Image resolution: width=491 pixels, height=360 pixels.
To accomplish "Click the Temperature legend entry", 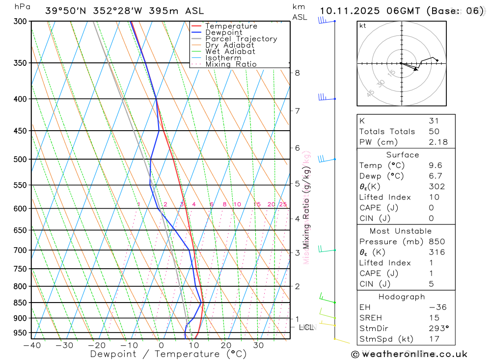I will click(x=231, y=26).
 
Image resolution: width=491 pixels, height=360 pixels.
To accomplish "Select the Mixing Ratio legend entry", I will click(x=231, y=64).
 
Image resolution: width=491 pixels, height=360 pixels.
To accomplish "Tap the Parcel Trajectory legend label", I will click(x=241, y=39).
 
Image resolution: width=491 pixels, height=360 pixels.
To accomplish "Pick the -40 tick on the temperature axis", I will click(x=32, y=345).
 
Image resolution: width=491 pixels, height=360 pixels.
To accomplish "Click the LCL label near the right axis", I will click(x=306, y=327).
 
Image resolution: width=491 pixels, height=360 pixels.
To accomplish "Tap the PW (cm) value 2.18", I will click(x=438, y=142).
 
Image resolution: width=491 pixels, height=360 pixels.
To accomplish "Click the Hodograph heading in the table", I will click(x=402, y=297).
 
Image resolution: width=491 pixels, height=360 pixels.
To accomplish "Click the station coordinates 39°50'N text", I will click(x=67, y=11).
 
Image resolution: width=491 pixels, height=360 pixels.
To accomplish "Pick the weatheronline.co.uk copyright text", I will click(x=409, y=354).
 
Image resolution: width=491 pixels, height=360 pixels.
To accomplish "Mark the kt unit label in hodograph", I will click(x=363, y=26).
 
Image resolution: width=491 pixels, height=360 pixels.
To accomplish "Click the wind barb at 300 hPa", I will click(x=323, y=21).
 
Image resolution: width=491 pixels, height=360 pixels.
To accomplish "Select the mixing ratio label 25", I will click(x=283, y=204).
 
